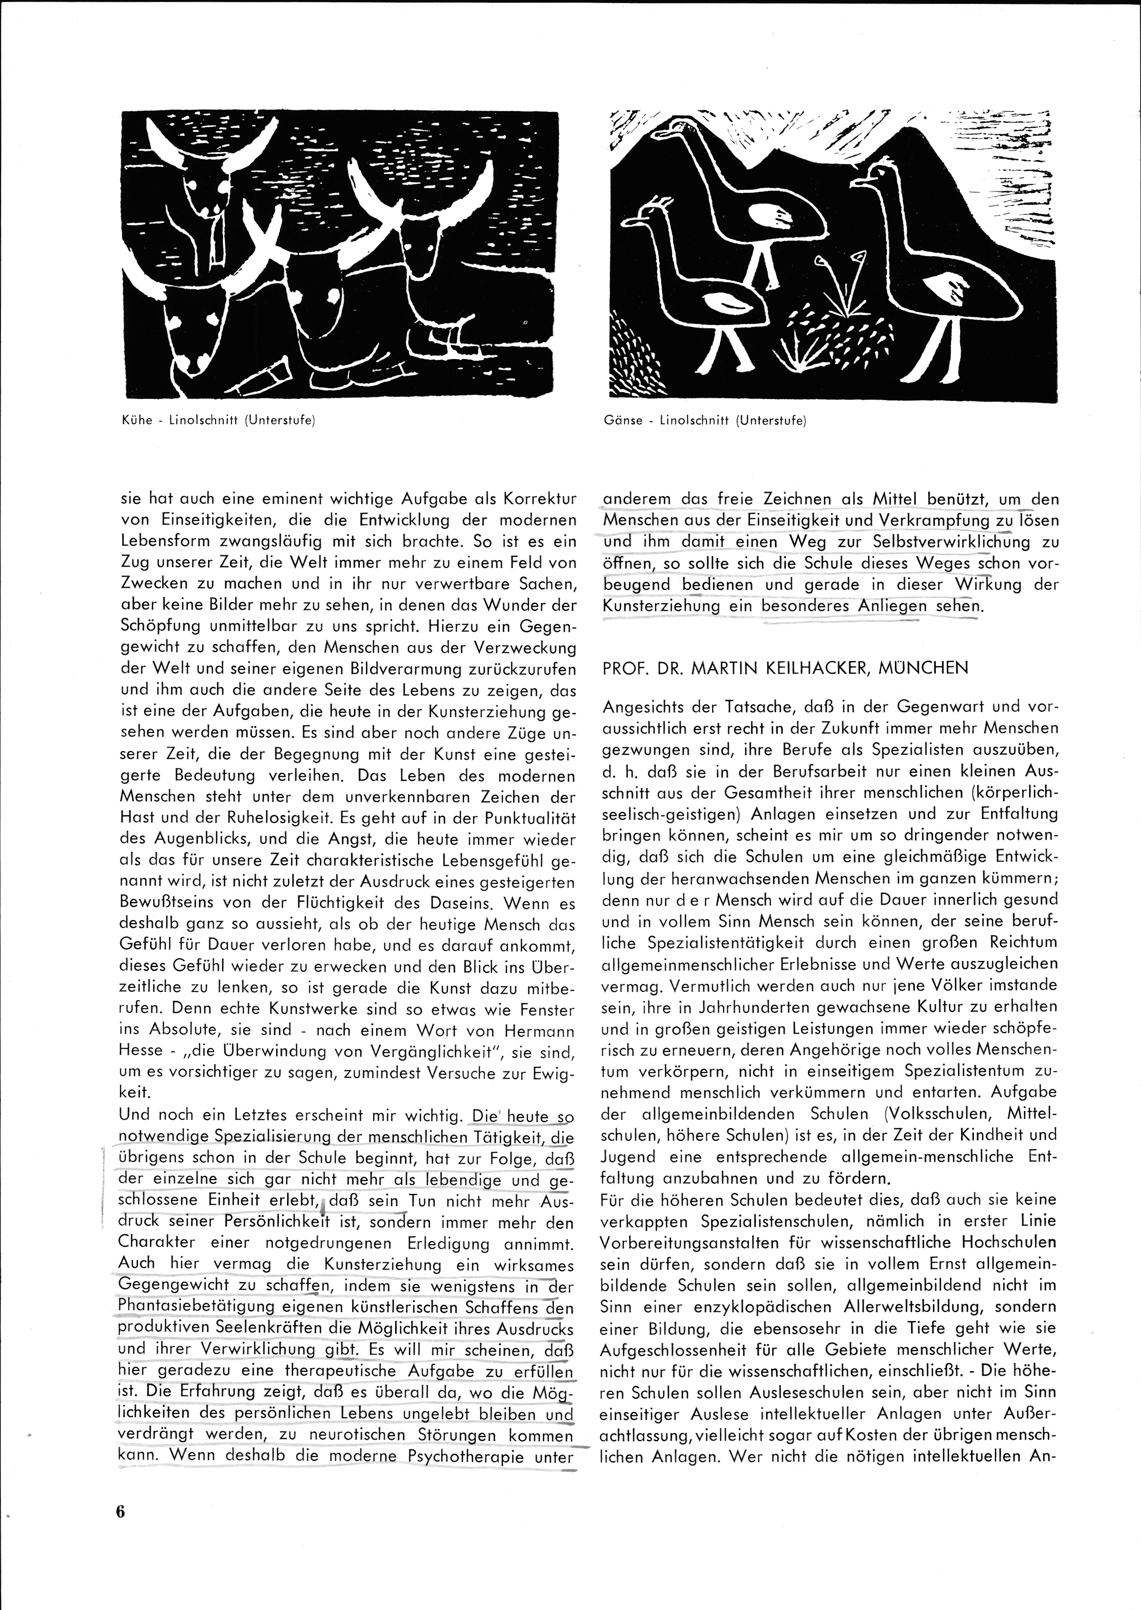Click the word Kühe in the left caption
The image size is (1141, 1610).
pos(133,421)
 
